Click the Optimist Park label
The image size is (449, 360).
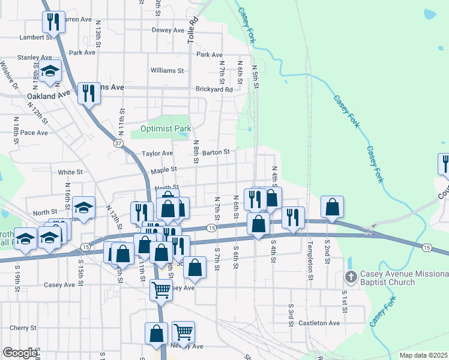point(165,128)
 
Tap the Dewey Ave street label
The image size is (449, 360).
point(168,30)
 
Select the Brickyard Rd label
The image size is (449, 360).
point(214,89)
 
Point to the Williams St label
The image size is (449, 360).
point(167,70)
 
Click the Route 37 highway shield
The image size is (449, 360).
point(119,143)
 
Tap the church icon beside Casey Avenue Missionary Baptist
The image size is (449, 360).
point(351,277)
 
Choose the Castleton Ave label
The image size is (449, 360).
point(319,323)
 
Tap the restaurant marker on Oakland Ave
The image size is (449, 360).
point(89,93)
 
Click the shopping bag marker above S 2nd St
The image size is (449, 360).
point(331,207)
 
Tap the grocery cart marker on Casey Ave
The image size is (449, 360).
point(160,290)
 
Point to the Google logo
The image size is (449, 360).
point(20,353)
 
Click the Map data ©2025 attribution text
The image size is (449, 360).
point(423,355)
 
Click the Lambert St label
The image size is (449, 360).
point(36,37)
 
